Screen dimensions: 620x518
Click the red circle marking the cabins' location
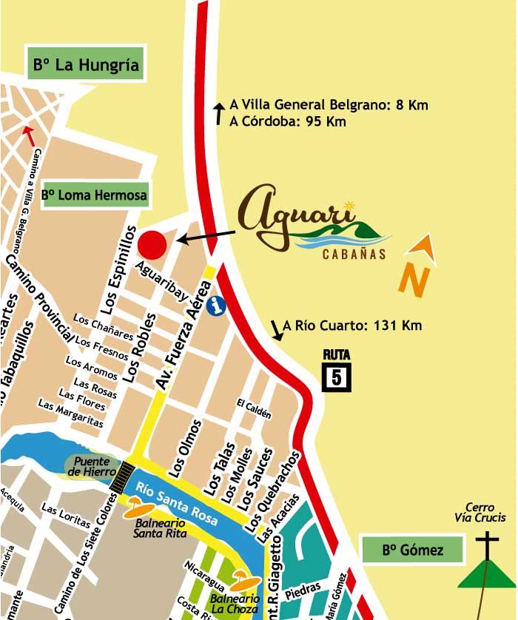point(152,243)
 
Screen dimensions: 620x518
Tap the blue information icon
point(216,306)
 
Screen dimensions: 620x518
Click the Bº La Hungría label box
point(86,64)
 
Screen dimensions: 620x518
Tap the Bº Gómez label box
point(413,550)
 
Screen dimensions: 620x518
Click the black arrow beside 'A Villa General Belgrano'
point(219,113)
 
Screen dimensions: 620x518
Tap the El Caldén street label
point(255,408)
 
